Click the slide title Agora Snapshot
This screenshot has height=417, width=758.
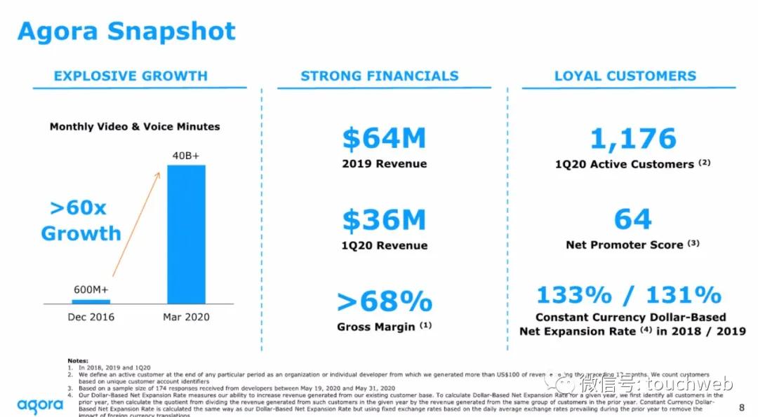coord(126,32)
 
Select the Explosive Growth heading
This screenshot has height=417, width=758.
coord(131,76)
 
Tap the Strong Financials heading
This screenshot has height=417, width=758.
coord(380,76)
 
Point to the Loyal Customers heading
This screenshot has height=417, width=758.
coord(625,76)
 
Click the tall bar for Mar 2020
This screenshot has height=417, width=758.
coord(186,234)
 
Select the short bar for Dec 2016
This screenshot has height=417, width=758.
coord(91,301)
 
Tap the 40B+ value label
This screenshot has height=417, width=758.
coord(186,155)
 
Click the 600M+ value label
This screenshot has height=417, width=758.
coord(91,289)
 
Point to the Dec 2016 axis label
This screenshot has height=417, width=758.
coord(91,317)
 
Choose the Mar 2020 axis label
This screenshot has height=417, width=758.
coord(186,317)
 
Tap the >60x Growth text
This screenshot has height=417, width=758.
coord(80,221)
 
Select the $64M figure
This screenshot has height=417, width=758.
coord(384,138)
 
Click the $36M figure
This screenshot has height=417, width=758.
coord(384,220)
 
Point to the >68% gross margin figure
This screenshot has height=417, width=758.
coord(385,301)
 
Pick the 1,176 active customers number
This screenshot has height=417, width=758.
coord(633,139)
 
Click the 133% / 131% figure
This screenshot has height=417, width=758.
coord(629,294)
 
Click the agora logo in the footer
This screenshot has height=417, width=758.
coord(39,404)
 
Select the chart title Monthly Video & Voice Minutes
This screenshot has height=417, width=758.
coord(135,127)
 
